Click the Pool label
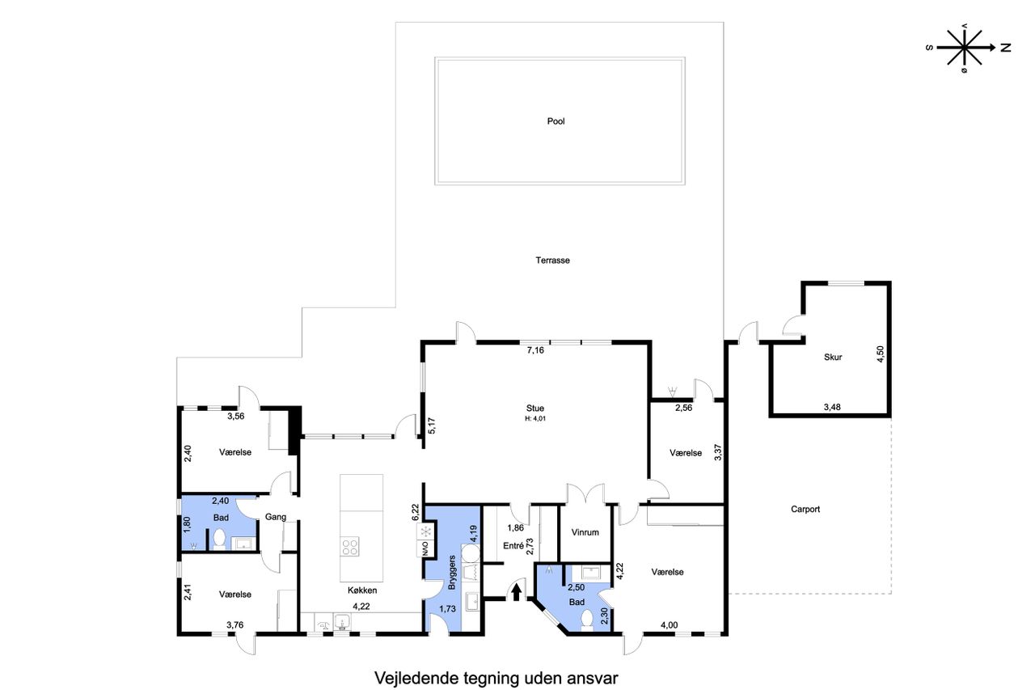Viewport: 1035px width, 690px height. pos(556,121)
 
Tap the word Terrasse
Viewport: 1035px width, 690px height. pos(552,260)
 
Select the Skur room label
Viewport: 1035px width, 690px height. pos(833,357)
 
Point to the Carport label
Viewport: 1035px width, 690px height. pos(805,509)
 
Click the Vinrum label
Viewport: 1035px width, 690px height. pos(585,532)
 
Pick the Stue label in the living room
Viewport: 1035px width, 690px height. pos(535,408)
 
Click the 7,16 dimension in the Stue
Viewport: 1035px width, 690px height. pos(535,349)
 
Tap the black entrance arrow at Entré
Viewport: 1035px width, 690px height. pos(517,592)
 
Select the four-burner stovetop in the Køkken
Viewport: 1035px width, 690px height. pos(350,547)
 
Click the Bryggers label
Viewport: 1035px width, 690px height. pos(452,572)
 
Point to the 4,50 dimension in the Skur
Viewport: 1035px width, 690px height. pos(880,354)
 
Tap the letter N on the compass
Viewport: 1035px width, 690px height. pos(1005,48)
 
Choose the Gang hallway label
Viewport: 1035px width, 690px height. pos(276,517)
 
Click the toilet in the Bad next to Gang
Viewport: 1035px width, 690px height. pos(219,540)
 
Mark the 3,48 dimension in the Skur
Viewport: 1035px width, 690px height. pos(832,407)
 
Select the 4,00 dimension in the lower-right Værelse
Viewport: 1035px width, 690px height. pos(669,624)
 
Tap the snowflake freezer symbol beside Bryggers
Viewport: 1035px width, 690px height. pos(425,531)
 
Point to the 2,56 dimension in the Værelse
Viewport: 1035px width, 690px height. pos(684,408)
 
